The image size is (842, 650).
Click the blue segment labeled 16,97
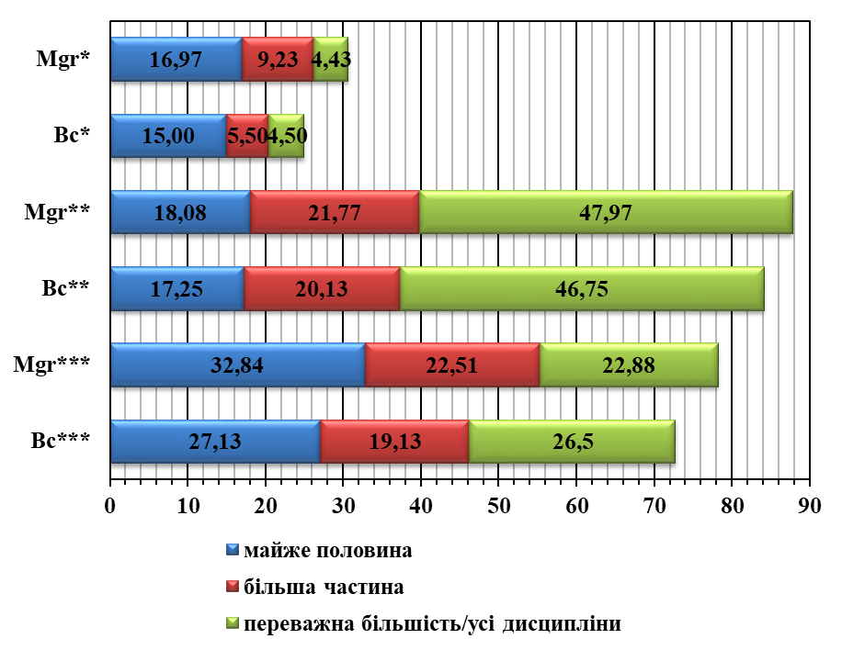click(176, 59)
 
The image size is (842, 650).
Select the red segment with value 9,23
click(278, 59)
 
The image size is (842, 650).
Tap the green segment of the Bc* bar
click(286, 136)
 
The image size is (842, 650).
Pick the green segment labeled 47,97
click(606, 212)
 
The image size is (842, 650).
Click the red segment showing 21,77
click(335, 212)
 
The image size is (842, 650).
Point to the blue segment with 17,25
click(177, 288)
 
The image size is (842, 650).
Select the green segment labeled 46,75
click(582, 288)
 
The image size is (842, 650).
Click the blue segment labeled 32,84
click(238, 364)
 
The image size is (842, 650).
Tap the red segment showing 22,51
click(452, 364)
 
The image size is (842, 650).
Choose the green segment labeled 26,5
click(572, 442)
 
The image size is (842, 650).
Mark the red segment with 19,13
click(394, 442)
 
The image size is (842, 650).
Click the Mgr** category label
click(57, 212)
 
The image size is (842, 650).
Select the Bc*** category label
click(60, 441)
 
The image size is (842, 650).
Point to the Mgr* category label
click(63, 59)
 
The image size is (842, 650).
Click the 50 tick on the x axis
click(498, 506)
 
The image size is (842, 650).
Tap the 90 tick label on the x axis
click(809, 506)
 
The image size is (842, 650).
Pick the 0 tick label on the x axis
click(110, 506)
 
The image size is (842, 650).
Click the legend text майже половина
click(328, 550)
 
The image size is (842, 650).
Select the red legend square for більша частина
click(233, 587)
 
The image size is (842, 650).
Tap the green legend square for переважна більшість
click(233, 623)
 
